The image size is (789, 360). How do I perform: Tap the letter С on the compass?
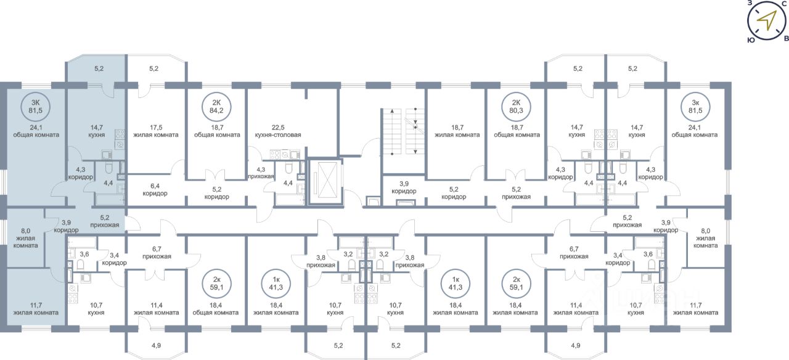pos(783,4)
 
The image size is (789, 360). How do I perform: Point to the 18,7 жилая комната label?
pos(457,131)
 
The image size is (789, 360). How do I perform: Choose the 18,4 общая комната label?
pos(216,309)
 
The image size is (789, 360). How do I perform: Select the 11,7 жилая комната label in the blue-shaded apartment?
pos(36,309)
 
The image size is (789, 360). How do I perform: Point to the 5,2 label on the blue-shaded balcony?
pos(99,68)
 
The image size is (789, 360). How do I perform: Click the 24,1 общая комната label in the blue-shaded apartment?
pos(36,131)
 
